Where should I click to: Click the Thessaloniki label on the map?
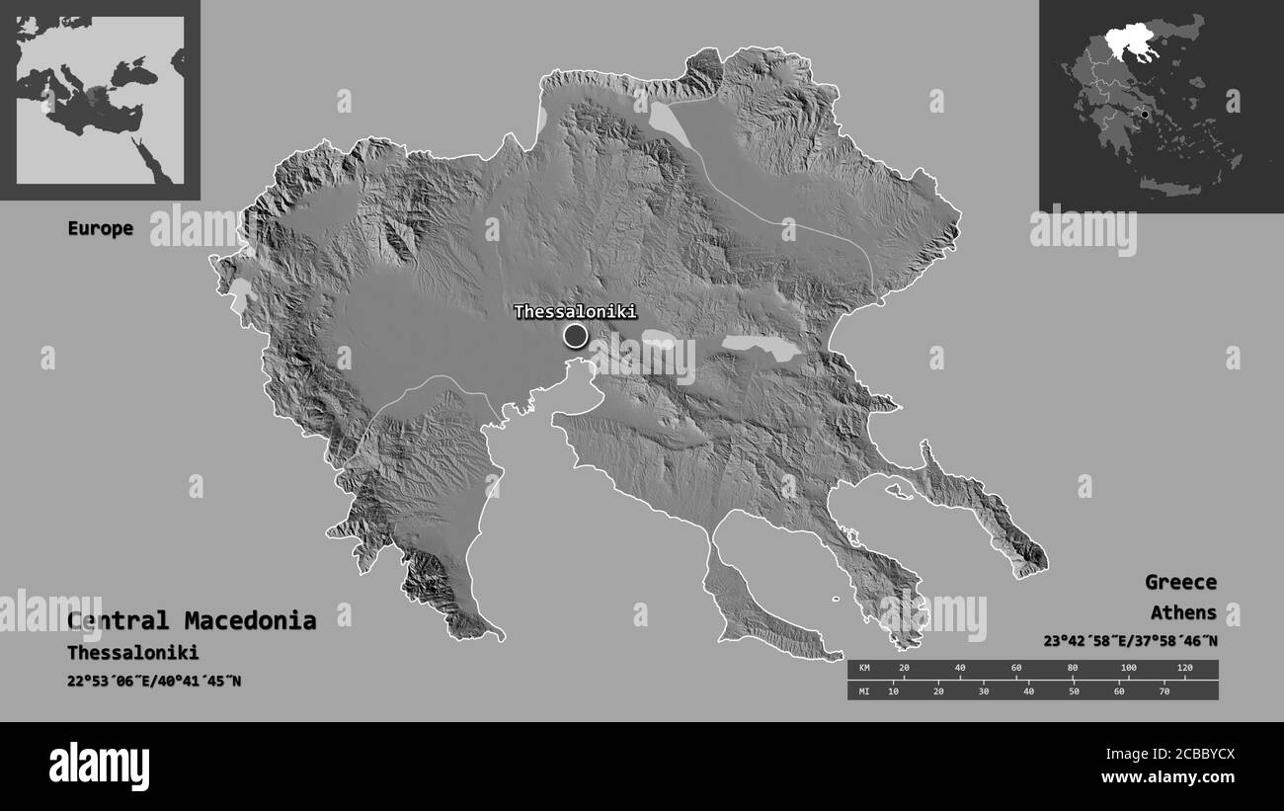(x=575, y=312)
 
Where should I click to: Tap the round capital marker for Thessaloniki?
(x=575, y=337)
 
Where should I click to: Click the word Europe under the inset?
(x=100, y=228)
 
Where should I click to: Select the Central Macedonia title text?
(x=192, y=621)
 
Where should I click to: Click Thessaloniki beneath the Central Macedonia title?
(x=132, y=653)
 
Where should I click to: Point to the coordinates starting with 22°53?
(x=154, y=681)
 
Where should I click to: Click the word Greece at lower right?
(x=1180, y=582)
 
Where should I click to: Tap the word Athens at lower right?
(x=1183, y=612)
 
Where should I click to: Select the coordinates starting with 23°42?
(x=1130, y=640)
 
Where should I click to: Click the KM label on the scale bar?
(x=864, y=669)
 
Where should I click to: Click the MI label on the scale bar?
(x=864, y=690)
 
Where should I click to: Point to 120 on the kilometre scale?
(x=1184, y=669)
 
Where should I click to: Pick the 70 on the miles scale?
(x=1164, y=690)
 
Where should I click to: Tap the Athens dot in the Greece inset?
(x=1145, y=115)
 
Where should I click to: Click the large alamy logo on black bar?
(x=99, y=766)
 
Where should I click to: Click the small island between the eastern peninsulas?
(x=897, y=489)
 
